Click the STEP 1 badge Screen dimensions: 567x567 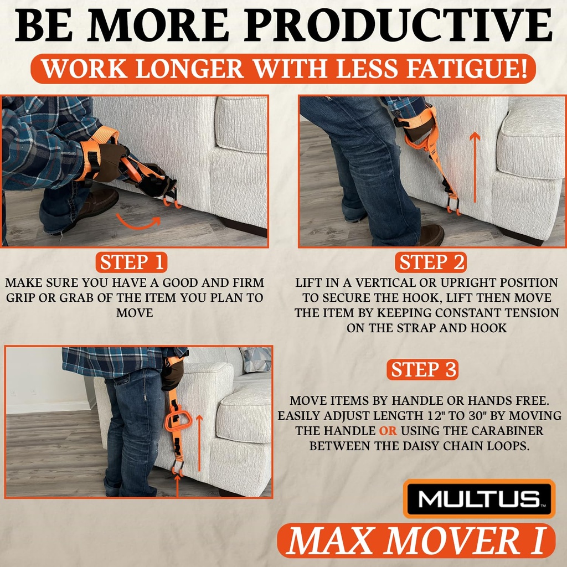tap(131, 262)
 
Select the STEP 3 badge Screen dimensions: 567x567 tap(424, 370)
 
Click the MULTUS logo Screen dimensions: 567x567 tap(479, 499)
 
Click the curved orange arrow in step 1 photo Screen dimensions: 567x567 tap(138, 222)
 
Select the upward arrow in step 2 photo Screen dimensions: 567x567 tap(474, 167)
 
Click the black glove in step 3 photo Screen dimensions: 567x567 tap(173, 374)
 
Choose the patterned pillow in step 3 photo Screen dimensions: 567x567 tap(256, 359)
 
